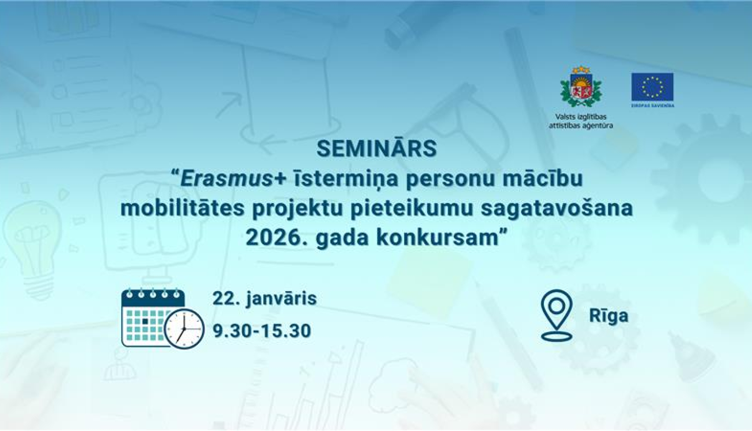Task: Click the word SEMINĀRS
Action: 377,149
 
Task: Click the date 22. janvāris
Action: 265,299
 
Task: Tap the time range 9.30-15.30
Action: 262,331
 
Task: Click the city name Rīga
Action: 608,316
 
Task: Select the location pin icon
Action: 556,315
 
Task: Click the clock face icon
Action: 184,329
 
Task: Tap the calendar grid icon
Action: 146,317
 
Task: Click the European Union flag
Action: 652,88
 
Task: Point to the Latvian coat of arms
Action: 581,87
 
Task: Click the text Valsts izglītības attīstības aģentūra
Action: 581,121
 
